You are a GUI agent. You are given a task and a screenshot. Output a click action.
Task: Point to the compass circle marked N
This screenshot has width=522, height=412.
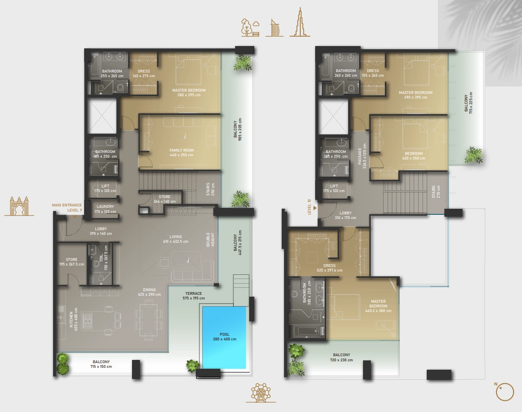coord(505,392)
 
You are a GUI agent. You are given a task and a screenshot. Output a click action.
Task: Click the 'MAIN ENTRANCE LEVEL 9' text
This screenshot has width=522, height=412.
coord(66,207)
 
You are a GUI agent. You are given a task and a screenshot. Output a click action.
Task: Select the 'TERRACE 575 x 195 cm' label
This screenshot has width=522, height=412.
coord(193,296)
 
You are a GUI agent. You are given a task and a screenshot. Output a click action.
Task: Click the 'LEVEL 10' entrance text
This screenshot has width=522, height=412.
coord(309,206)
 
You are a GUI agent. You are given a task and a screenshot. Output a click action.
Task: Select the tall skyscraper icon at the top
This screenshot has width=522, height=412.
coord(299,23)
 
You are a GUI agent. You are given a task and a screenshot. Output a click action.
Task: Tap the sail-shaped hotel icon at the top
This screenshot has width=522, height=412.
coord(274,28)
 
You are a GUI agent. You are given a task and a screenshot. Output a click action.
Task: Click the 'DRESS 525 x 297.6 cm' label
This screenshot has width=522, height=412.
coord(329,268)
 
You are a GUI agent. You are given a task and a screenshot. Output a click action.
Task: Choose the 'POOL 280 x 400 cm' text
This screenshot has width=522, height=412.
coord(225,337)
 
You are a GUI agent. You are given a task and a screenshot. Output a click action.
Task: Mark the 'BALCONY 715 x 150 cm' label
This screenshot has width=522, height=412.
coord(101,364)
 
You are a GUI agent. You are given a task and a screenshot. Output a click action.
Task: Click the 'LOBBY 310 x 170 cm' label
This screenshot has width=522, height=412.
coord(345,215)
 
